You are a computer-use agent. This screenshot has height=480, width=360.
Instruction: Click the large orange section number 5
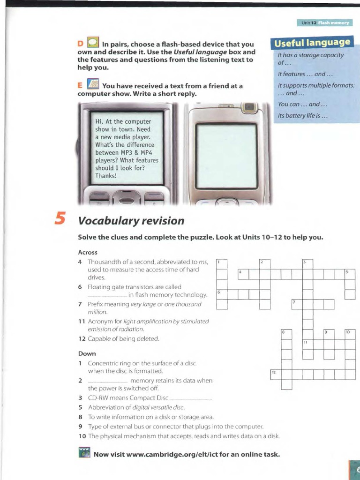tap(60, 218)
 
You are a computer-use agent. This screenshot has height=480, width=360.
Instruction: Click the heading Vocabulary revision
tap(131, 220)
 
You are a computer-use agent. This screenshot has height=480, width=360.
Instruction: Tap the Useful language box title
tap(312, 43)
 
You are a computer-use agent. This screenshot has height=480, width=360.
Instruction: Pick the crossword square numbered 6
tap(222, 294)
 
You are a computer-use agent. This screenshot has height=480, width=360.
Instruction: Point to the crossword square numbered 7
tap(297, 304)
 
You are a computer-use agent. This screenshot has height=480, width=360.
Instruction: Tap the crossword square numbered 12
tap(275, 374)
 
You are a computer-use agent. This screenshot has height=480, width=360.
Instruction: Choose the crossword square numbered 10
tap(350, 334)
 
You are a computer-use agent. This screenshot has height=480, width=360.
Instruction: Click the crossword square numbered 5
tap(350, 274)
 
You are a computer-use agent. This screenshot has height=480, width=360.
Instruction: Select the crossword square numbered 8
tap(286, 334)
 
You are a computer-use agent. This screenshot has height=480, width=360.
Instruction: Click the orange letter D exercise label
tap(80, 44)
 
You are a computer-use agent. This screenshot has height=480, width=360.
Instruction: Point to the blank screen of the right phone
tap(226, 156)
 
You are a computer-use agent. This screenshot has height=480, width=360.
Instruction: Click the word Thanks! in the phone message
tap(106, 176)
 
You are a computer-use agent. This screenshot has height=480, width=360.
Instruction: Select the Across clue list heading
tap(88, 252)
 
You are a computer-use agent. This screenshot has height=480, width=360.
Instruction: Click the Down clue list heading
tap(87, 353)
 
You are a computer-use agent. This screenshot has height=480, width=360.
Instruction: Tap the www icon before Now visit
tap(84, 453)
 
